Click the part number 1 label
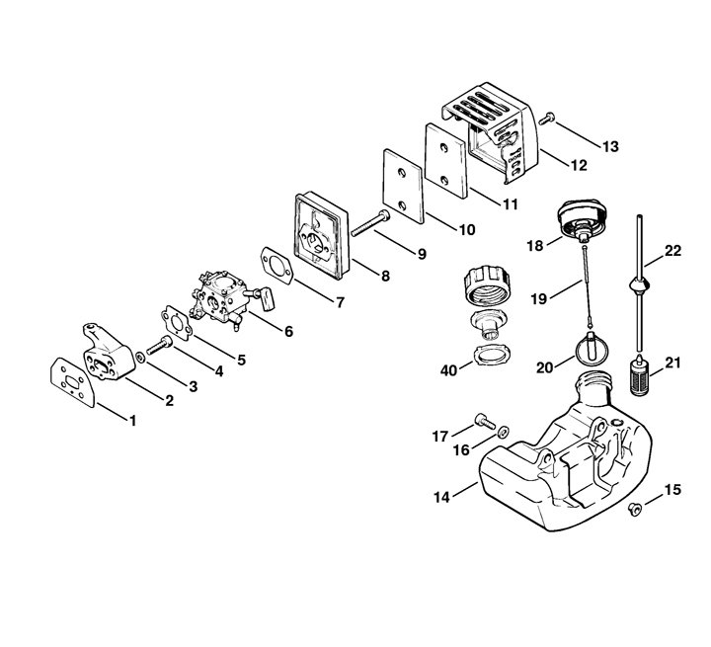134,420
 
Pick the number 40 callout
449,369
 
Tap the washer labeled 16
503,432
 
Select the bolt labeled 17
484,423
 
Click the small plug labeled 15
635,508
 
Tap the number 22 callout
672,252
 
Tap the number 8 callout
385,278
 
